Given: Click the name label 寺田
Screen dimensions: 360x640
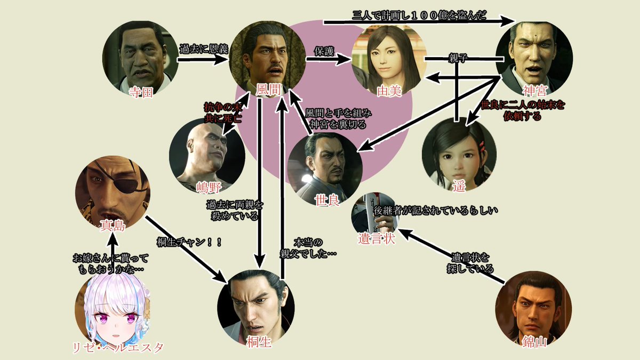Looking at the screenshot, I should [141, 92].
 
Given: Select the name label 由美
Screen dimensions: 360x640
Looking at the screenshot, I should [388, 91].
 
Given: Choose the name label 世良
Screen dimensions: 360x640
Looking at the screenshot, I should [326, 202].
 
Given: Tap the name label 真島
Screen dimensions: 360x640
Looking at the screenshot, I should [113, 226].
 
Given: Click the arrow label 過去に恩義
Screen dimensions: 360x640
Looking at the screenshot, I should [203, 50].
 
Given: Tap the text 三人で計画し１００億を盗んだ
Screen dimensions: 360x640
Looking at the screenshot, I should [419, 15].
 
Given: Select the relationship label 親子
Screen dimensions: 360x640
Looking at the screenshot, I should [457, 57].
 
